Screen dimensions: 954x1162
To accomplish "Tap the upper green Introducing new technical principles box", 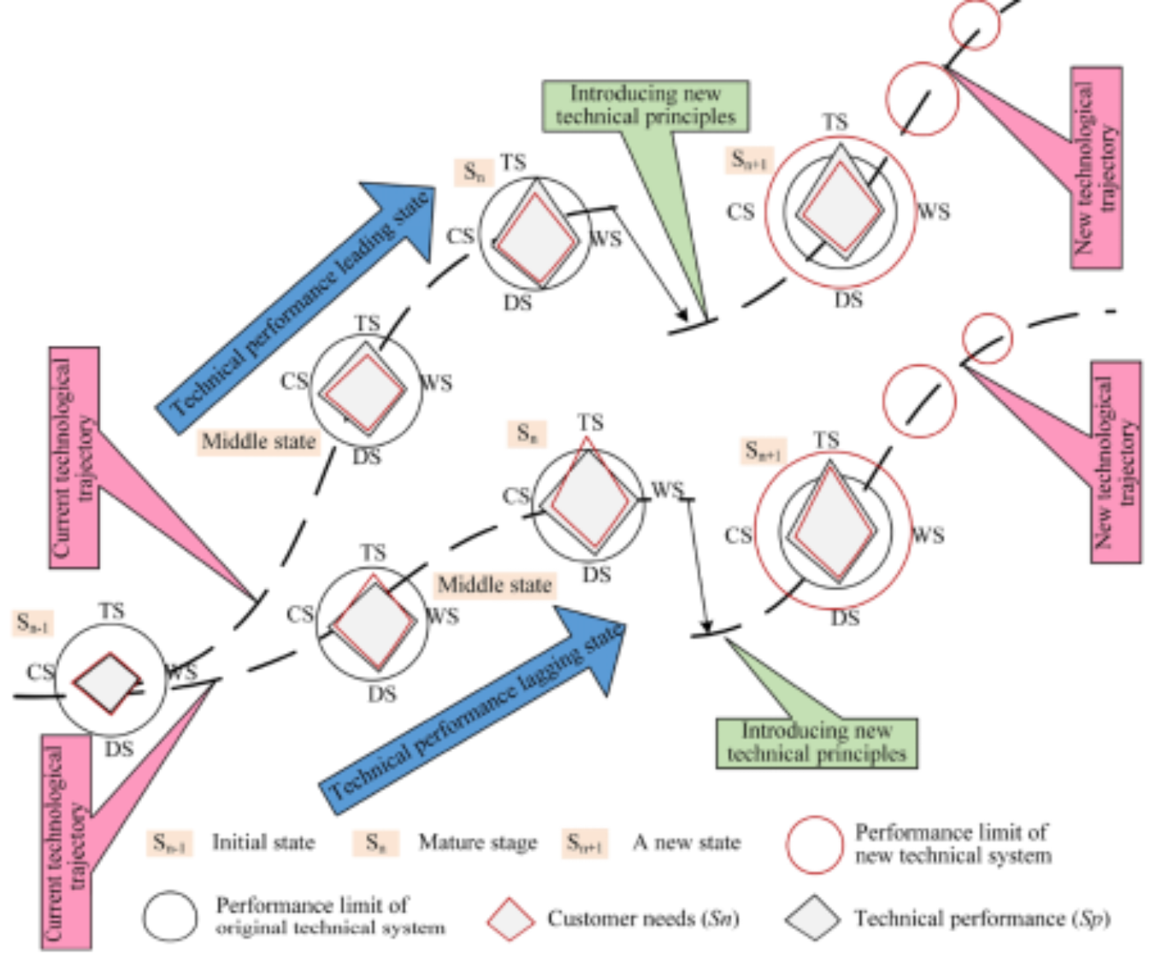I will [x=645, y=106].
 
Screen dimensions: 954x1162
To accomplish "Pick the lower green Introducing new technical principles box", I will [x=817, y=742].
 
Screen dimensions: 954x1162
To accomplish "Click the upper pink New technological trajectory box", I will [x=1096, y=168].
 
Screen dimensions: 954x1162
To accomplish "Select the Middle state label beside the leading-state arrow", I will [x=258, y=441].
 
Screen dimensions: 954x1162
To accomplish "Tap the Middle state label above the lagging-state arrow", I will [x=495, y=584].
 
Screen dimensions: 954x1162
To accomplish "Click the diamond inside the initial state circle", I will [x=107, y=682].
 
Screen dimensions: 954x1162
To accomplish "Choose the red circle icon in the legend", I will [x=814, y=844].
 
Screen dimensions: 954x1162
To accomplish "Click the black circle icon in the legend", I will [x=170, y=915].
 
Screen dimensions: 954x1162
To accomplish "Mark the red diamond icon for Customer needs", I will [x=510, y=918].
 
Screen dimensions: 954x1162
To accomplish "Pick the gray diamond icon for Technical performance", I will [x=812, y=917].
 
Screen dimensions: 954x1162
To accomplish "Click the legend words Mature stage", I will [x=478, y=842].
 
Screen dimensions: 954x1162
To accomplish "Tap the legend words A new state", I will [x=686, y=842].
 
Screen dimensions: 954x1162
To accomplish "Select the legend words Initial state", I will [x=263, y=842].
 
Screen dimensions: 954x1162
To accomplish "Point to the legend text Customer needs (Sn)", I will [x=643, y=918].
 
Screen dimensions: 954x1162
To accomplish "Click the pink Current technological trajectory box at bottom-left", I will [x=66, y=841].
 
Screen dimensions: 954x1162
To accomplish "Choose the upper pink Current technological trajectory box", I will [x=74, y=457].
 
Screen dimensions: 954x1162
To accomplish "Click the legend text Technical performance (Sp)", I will [x=981, y=918].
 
